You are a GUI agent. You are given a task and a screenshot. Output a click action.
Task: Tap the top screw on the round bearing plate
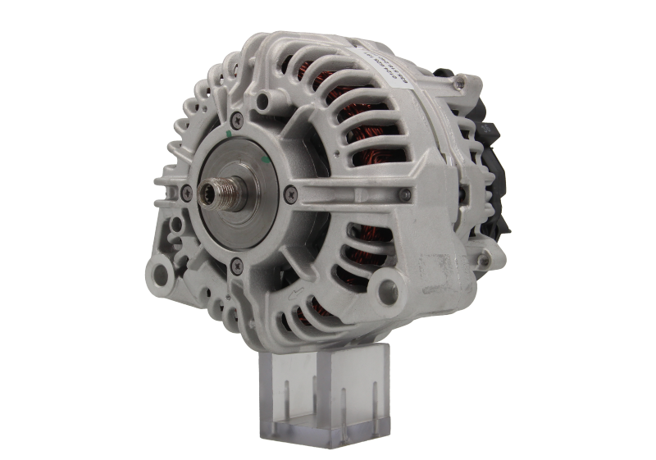pyautogui.click(x=237, y=121)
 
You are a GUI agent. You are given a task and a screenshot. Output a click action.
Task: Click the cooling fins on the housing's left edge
pyautogui.click(x=174, y=148)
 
